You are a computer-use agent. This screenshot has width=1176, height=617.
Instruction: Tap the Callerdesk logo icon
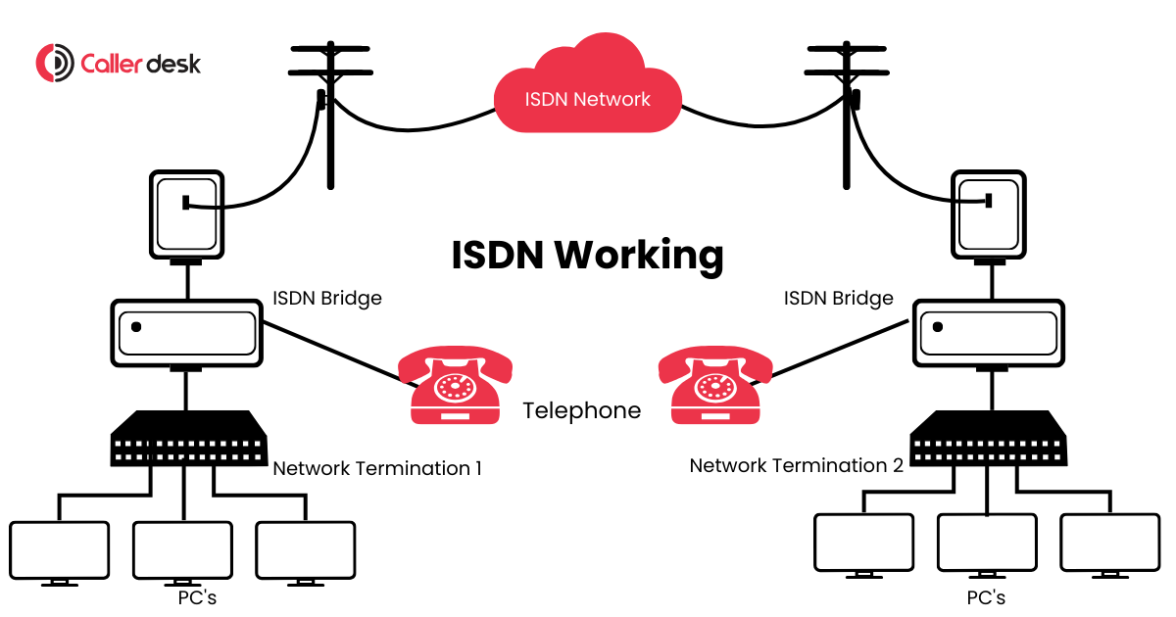coord(54,64)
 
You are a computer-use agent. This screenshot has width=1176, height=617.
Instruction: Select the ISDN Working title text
coord(587,255)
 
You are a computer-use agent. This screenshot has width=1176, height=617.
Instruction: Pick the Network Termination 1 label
coord(377,468)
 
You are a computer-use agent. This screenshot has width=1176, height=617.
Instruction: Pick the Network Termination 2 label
coord(796,465)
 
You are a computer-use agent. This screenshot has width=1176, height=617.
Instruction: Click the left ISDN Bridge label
coord(327,298)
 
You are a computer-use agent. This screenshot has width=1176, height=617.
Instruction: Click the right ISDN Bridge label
coord(839,298)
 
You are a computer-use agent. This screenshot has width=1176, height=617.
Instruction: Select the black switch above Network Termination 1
coord(189,439)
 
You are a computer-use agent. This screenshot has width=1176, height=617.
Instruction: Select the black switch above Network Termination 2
coord(989,439)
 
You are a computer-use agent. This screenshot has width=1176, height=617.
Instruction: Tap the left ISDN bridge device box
coord(186,333)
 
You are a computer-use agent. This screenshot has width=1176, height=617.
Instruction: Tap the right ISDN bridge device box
coord(991,333)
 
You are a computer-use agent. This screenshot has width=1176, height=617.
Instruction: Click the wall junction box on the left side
coord(186,214)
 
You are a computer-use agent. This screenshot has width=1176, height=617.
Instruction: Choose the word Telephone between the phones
coord(582,410)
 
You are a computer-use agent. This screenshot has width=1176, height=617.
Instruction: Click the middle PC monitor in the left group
coord(182,551)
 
